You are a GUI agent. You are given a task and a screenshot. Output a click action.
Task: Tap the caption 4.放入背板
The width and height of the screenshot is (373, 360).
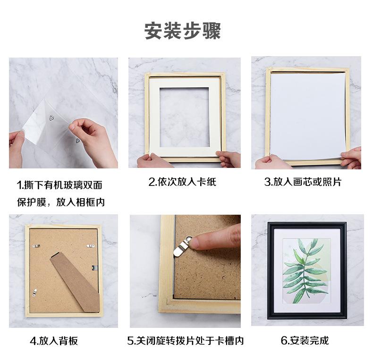(54, 340)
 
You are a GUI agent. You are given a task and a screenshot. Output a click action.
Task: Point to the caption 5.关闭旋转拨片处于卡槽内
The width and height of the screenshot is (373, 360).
(185, 340)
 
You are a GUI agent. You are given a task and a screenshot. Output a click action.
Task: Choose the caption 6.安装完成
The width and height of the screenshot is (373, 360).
(305, 340)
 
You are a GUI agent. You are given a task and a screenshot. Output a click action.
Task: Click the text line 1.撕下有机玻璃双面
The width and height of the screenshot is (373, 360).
(59, 184)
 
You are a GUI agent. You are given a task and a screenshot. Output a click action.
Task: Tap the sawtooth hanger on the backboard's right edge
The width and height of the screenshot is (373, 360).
(94, 268)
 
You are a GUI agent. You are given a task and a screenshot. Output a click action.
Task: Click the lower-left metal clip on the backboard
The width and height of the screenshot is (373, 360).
(34, 293)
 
